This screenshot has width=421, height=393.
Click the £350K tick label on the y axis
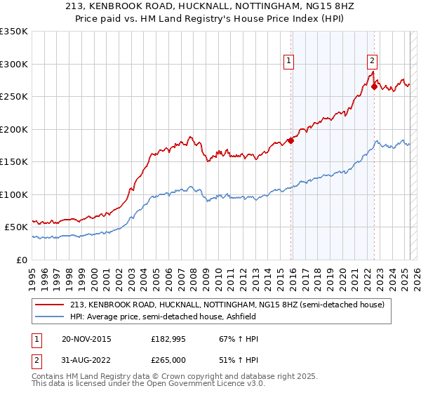click(14, 32)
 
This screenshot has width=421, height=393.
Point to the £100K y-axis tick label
click(14, 194)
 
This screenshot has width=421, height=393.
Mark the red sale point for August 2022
click(374, 86)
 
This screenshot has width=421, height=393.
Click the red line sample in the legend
click(51, 305)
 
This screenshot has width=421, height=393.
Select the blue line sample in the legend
click(51, 317)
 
